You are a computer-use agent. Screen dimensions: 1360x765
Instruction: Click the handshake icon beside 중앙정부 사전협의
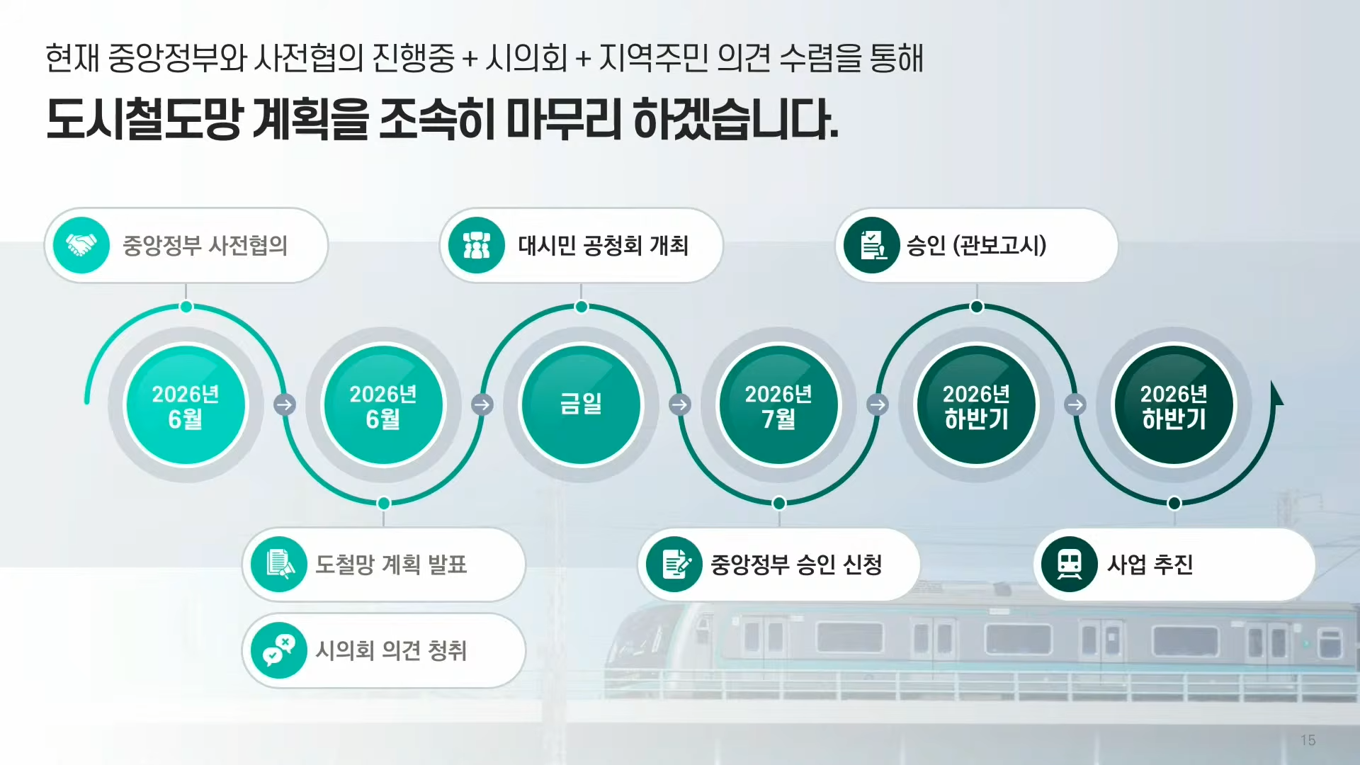pyautogui.click(x=81, y=245)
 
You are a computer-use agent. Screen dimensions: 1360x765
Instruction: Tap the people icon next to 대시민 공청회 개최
pyautogui.click(x=477, y=245)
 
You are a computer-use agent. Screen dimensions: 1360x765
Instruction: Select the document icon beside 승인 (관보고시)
pyautogui.click(x=872, y=245)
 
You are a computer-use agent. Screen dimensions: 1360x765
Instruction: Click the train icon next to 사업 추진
pyautogui.click(x=1070, y=565)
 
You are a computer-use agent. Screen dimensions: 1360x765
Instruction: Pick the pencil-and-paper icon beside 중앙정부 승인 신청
pyautogui.click(x=674, y=565)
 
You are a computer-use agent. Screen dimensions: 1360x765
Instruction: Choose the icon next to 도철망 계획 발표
pyautogui.click(x=279, y=565)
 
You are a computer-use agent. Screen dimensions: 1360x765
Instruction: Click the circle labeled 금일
pyautogui.click(x=581, y=404)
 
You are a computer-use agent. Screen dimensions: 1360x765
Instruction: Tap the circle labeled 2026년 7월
pyautogui.click(x=778, y=404)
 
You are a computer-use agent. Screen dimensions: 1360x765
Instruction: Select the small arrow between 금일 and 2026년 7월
pyautogui.click(x=680, y=404)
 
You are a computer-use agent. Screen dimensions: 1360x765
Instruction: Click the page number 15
pyautogui.click(x=1308, y=740)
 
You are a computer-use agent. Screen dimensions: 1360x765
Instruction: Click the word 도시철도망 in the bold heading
pyautogui.click(x=144, y=118)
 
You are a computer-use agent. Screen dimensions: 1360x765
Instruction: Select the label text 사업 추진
pyautogui.click(x=1150, y=565)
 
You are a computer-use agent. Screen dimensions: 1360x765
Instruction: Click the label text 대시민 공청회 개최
pyautogui.click(x=603, y=245)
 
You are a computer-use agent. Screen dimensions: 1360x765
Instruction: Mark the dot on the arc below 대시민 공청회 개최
pyautogui.click(x=581, y=307)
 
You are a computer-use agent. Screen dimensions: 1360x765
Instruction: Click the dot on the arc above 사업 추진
pyautogui.click(x=1174, y=503)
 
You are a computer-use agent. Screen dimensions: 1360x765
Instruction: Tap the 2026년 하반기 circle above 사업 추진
pyautogui.click(x=1174, y=404)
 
